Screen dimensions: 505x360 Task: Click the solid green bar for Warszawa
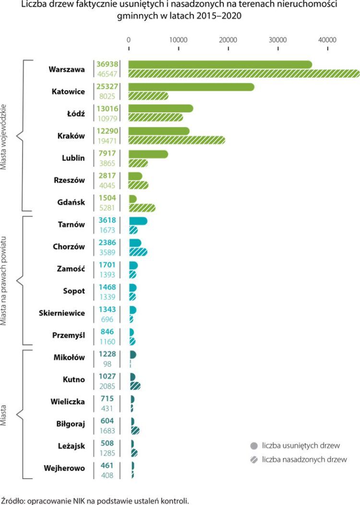[x=220, y=64]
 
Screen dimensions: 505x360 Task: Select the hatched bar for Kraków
[x=176, y=140]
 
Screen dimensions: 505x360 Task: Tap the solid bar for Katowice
[x=191, y=87]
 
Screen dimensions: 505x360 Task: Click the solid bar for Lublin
[x=148, y=154]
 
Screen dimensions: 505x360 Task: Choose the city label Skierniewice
[x=62, y=313]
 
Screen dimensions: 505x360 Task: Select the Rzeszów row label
[x=69, y=180]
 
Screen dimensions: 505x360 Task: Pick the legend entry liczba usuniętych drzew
[x=301, y=446]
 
